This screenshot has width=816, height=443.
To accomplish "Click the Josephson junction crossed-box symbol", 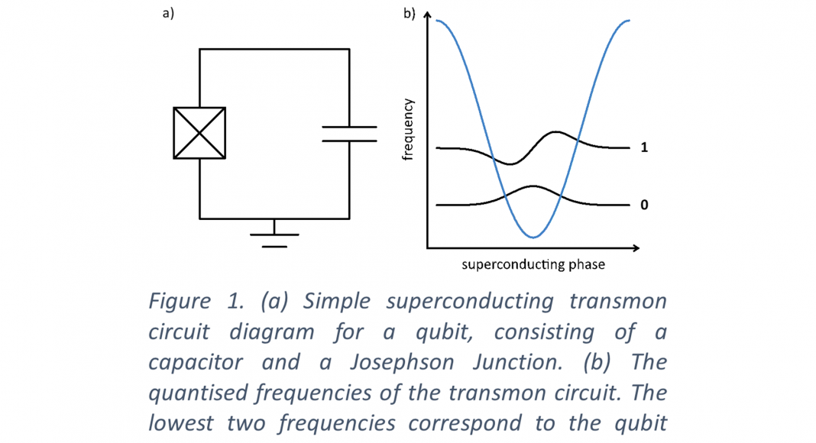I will tap(199, 133).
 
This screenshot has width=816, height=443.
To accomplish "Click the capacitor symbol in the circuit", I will tap(349, 134).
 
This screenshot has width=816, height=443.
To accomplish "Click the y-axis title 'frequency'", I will tap(408, 129).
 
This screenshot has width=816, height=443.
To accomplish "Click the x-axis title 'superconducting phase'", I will tap(533, 265).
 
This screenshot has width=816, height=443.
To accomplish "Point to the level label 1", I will tap(644, 147).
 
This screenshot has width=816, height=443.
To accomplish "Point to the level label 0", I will tap(644, 205).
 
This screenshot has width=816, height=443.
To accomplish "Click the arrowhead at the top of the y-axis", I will tap(427, 16).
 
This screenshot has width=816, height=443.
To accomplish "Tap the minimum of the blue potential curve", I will tap(533, 238).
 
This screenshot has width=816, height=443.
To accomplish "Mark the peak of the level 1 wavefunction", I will tap(557, 132).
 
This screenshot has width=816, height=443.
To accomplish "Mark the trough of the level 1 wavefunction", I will tap(511, 163).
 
